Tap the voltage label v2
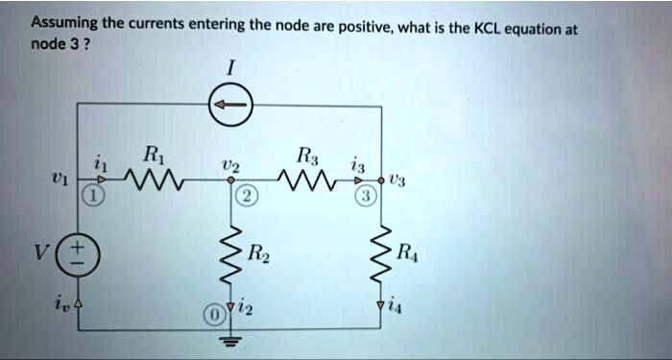coord(228,164)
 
